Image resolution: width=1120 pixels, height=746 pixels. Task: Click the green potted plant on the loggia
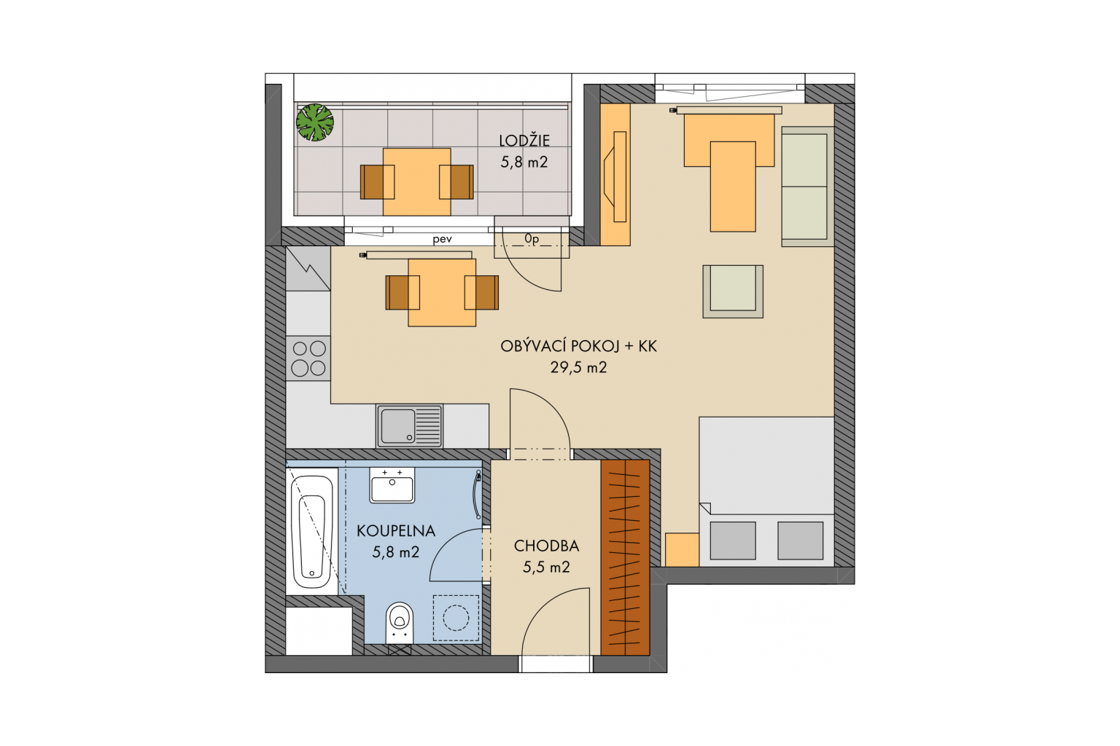coord(315,122)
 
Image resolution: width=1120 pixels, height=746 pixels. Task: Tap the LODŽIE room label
coord(524,141)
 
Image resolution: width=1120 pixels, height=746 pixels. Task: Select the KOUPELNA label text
coord(395,530)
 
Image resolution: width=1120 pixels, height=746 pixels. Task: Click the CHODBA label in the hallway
coord(546,546)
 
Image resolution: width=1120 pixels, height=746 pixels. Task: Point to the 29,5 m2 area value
coord(578,368)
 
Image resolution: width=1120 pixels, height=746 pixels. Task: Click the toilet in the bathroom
coord(400,623)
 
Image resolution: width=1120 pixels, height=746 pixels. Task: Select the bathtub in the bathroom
coord(313,531)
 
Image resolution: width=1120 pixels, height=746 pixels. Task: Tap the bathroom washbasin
coord(392,485)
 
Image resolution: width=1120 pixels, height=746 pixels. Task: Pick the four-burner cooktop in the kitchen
coord(308,358)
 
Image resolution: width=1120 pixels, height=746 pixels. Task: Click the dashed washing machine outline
coord(456,618)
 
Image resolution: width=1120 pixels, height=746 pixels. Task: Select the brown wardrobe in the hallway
coord(625,557)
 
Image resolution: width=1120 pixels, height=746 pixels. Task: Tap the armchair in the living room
coord(733,292)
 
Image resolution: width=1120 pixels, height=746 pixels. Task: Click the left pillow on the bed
coord(733,541)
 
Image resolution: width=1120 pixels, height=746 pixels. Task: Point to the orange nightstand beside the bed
coord(682,549)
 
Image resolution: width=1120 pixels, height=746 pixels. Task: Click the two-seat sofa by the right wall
coord(807,186)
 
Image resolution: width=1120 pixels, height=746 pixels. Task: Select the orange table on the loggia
coord(417,182)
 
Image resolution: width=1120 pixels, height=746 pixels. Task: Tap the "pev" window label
coord(443,240)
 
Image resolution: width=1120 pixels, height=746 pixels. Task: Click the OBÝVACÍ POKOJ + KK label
coord(578,346)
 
